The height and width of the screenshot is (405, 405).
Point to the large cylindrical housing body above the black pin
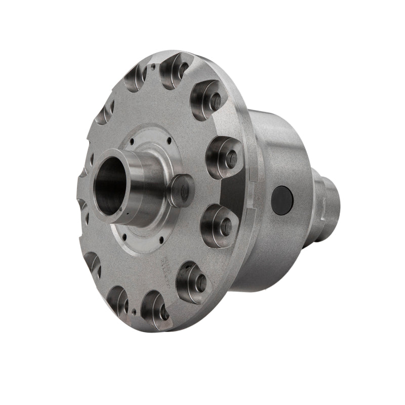[278, 147]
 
